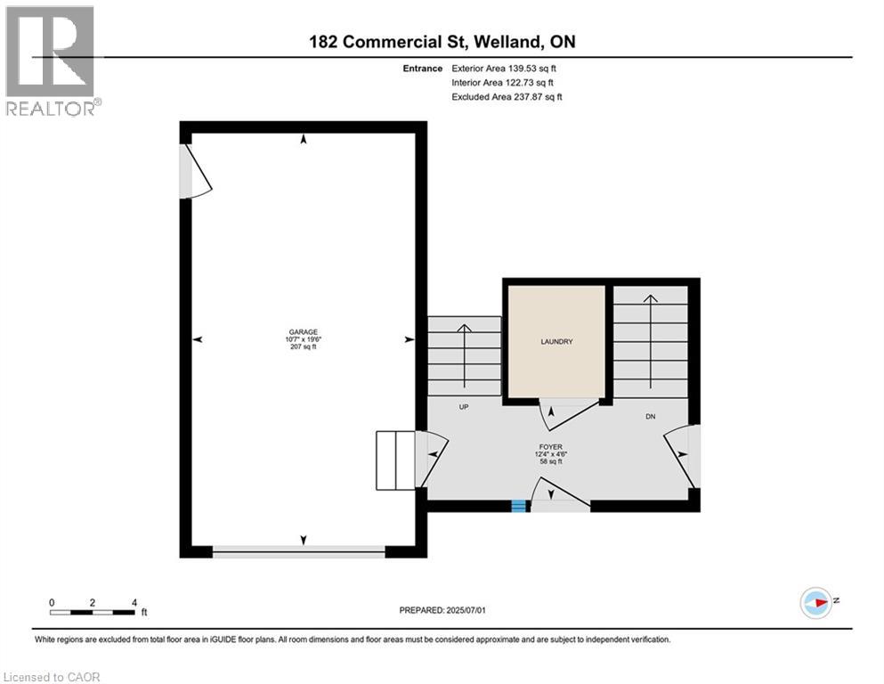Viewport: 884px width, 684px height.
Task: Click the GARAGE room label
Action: (304, 332)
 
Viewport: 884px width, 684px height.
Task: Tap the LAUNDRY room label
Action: (556, 342)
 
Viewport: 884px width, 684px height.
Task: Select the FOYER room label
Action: (551, 446)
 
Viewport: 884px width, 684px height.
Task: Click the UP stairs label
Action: (464, 406)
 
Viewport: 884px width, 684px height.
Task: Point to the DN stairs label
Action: (651, 417)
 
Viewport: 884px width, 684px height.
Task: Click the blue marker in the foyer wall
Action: (519, 507)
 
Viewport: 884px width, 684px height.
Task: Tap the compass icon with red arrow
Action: (816, 603)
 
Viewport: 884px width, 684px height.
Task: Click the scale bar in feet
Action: (93, 612)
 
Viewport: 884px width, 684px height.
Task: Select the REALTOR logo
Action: (53, 61)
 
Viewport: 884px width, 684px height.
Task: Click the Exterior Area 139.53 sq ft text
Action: (504, 69)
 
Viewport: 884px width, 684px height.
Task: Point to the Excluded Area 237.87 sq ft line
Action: (507, 96)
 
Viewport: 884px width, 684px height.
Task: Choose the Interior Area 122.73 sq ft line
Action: (502, 82)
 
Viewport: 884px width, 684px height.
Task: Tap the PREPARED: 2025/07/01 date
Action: (442, 610)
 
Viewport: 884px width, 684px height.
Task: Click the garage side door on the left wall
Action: (195, 171)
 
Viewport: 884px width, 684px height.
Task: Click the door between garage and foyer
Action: (431, 459)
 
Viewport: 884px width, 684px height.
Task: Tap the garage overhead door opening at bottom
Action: (299, 551)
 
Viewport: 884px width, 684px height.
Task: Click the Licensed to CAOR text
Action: (52, 677)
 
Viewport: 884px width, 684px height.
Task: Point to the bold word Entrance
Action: (422, 69)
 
